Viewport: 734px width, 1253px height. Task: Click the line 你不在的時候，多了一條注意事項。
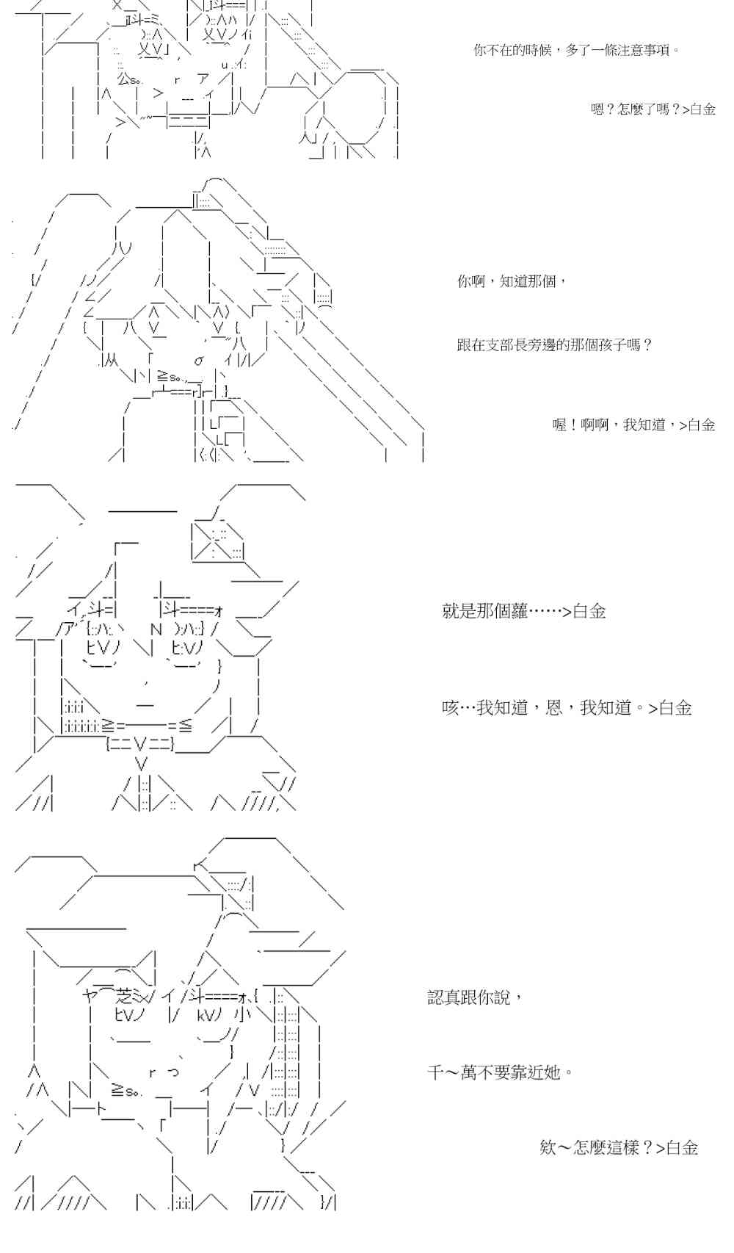coord(576,51)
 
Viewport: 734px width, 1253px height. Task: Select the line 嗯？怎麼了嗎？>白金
coord(653,109)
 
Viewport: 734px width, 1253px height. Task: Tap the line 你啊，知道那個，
coord(512,281)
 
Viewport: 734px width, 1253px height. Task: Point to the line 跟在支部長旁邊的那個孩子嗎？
coord(554,344)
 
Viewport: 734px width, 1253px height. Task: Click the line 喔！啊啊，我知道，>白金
coord(633,425)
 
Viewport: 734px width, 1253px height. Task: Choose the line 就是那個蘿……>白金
coord(523,611)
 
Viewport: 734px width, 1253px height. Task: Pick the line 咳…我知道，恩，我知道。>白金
coord(567,707)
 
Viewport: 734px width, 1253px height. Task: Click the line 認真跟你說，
coord(475,997)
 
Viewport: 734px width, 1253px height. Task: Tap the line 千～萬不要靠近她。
coord(500,1072)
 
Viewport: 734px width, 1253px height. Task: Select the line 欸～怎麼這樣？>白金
coord(618,1147)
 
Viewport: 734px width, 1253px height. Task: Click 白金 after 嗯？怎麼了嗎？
coord(702,109)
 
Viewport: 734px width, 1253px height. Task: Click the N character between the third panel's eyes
coord(156,629)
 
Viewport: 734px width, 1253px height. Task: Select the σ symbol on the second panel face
coord(199,360)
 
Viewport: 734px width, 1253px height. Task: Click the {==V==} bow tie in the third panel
coord(140,745)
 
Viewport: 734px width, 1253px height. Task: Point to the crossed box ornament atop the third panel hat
coord(218,541)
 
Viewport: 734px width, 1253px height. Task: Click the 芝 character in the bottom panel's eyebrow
coord(125,997)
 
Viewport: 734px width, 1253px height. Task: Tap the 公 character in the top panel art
coord(122,79)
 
